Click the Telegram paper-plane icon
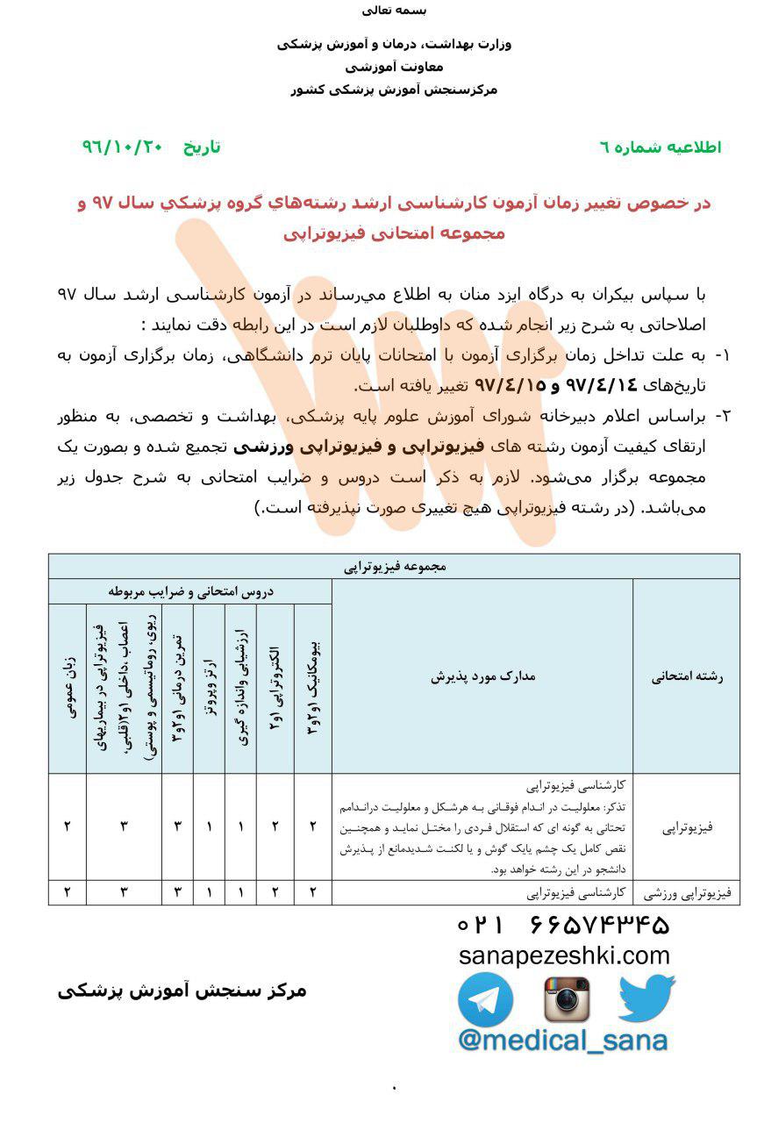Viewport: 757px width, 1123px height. (x=485, y=1000)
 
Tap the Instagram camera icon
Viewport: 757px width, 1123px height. (x=567, y=999)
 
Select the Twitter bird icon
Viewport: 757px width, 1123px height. (x=646, y=998)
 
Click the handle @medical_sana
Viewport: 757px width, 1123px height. (x=562, y=1041)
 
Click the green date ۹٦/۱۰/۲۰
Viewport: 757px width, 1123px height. (x=123, y=147)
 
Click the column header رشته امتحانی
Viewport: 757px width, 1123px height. (x=691, y=676)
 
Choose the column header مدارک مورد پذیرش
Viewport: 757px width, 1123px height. (x=482, y=676)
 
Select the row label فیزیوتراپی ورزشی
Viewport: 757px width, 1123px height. (x=692, y=893)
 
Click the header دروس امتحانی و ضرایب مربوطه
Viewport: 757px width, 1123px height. (x=190, y=591)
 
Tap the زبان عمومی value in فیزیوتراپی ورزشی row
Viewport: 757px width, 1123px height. (x=68, y=893)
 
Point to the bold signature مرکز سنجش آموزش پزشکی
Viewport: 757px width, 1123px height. (x=183, y=991)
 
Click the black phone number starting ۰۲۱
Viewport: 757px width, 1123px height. (x=563, y=925)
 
